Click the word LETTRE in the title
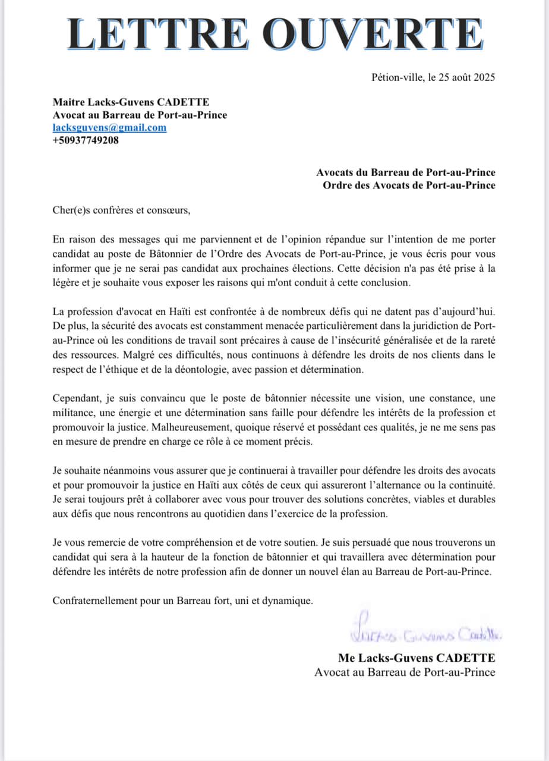pos(160,34)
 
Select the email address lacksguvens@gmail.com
pos(109,128)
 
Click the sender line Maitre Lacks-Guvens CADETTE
pos(131,102)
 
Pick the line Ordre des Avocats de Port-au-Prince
pos(409,185)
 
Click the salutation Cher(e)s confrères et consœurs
pos(122,210)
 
